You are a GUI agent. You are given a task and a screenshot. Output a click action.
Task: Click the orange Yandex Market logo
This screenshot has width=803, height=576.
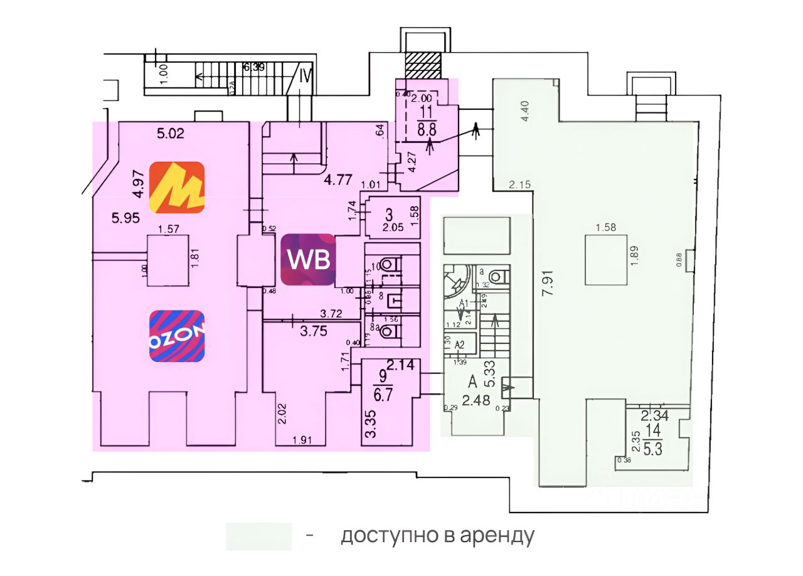tap(177, 187)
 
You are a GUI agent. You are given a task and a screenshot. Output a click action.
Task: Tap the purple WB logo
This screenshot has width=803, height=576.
tap(308, 259)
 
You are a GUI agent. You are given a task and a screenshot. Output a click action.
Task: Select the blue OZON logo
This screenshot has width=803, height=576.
tap(177, 336)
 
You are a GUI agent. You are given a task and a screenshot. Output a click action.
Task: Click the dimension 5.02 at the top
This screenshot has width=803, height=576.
tap(172, 133)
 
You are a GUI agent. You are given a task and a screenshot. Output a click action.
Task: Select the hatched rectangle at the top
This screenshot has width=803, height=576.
tap(423, 65)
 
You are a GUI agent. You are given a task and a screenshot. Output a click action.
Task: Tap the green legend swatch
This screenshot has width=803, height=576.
tap(258, 536)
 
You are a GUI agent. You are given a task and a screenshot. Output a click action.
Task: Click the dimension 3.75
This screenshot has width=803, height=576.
tap(314, 333)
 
